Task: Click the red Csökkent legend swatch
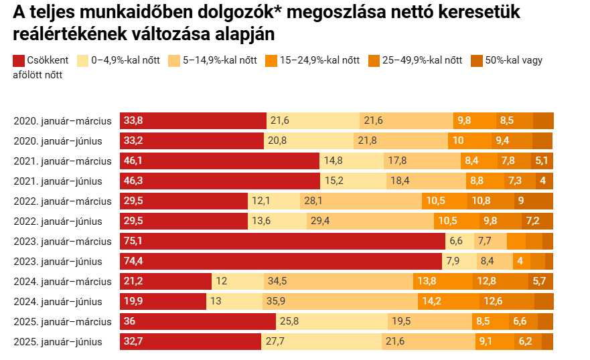[19, 60]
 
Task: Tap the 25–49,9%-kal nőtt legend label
[422, 60]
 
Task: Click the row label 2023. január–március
[62, 242]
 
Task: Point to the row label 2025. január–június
[58, 342]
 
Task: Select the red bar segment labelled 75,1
[282, 242]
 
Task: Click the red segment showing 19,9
[163, 302]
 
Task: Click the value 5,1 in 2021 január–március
[542, 161]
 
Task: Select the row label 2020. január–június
[58, 141]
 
